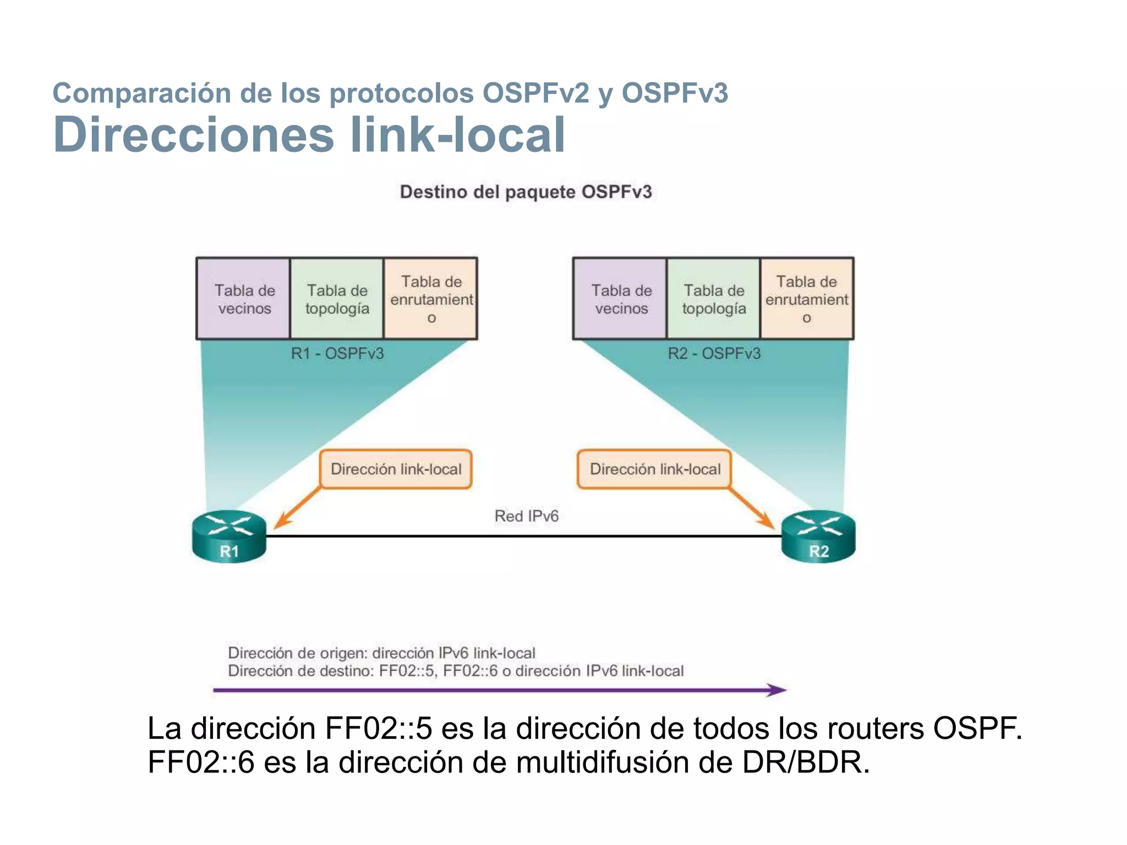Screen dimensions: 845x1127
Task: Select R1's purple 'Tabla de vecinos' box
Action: (x=244, y=299)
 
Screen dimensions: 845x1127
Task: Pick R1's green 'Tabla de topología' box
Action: (x=337, y=299)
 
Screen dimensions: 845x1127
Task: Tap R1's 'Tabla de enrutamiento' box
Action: (x=431, y=299)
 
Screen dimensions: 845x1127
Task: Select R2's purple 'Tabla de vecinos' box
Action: (x=620, y=299)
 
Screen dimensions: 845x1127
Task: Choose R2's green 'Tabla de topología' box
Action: (x=714, y=299)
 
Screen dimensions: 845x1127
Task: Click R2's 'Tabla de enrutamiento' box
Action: (x=807, y=299)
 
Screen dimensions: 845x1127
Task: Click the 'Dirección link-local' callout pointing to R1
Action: (x=396, y=469)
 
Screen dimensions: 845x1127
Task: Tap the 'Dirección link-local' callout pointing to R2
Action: (x=654, y=469)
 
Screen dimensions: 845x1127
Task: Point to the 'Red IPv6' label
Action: (x=526, y=516)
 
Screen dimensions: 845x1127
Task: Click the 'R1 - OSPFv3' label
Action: (x=337, y=353)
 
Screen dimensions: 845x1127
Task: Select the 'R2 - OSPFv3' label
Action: (x=714, y=353)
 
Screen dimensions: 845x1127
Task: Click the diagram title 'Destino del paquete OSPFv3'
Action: (x=526, y=192)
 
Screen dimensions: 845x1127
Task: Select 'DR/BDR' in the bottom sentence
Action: (x=806, y=762)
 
